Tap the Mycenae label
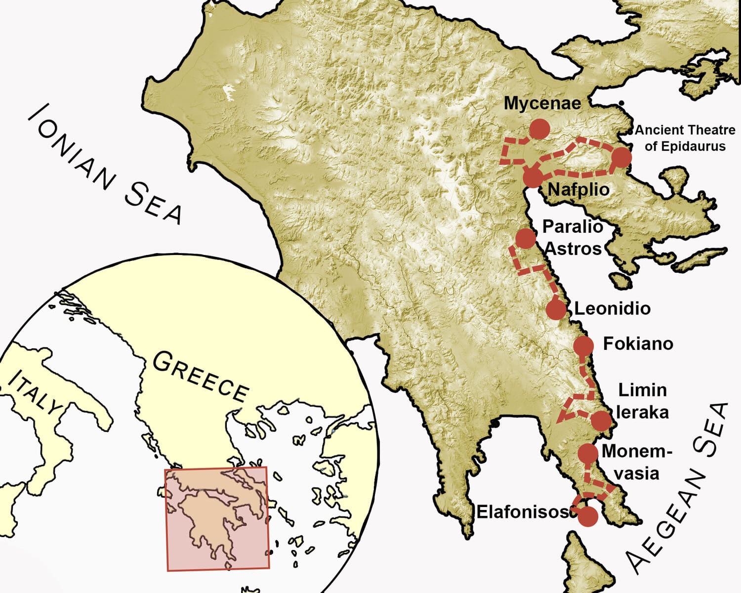[542, 103]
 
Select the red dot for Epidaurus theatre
[621, 157]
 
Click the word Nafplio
[578, 189]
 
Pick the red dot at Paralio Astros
[525, 238]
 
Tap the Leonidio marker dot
[556, 310]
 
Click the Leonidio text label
[612, 308]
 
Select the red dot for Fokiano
[583, 345]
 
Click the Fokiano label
[638, 343]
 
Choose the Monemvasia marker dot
[588, 453]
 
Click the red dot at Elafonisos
[588, 517]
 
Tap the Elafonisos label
[522, 512]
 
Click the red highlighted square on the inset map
[217, 519]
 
